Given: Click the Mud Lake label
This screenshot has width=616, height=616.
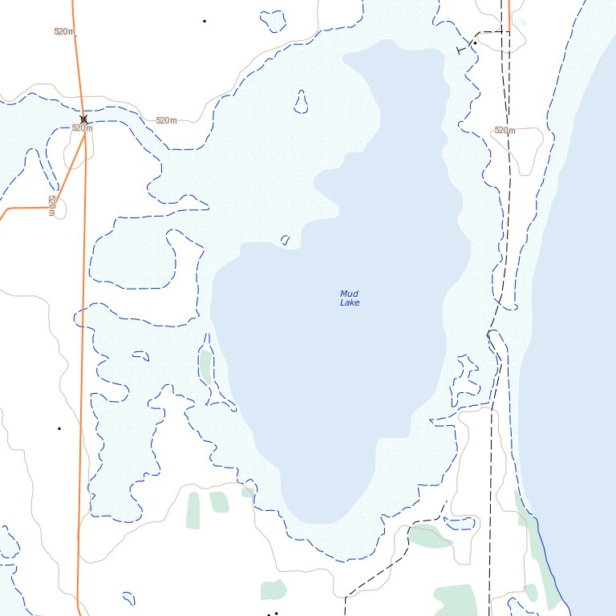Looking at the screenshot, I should coord(349,298).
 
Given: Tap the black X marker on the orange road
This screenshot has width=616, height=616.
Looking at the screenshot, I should coord(83,120).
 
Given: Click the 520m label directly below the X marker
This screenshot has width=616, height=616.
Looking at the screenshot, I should coord(82,128).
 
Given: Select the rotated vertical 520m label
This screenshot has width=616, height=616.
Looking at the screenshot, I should coord(51,205).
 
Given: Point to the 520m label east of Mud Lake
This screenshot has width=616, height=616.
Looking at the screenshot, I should coord(505,130).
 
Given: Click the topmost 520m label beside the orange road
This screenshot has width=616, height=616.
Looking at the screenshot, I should coord(64,31).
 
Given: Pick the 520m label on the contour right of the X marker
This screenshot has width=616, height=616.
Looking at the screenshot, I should coord(166,120).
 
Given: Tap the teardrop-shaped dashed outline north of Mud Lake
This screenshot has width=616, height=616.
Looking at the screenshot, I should coord(301,101).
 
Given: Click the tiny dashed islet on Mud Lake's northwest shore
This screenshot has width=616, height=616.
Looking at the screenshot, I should coord(285,240).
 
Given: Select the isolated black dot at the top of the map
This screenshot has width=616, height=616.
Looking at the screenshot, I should coord(205,20).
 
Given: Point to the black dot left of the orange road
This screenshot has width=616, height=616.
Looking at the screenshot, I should coord(59,428).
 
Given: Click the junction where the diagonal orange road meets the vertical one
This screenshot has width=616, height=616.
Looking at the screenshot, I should coord(84,135).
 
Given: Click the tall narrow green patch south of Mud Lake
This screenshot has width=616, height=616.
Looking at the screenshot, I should coord(193,510).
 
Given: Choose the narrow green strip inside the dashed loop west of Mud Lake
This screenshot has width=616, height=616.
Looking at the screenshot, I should coord(206,366).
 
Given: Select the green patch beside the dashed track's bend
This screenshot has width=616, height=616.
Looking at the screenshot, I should coord(430,536).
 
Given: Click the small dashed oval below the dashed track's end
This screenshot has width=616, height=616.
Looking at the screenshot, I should coord(460,523).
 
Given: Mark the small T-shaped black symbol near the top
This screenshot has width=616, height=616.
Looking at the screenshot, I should coord(463,49).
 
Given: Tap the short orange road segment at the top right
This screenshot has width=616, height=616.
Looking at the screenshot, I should coord(509,16).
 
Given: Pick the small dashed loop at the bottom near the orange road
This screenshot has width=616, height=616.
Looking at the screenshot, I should coord(128,598).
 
